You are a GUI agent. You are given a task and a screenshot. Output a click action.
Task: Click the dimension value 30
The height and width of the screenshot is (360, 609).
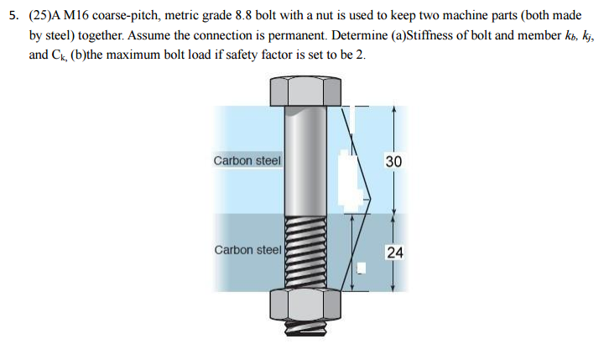(x=394, y=160)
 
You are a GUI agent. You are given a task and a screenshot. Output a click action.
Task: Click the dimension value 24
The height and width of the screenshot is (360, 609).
(x=394, y=251)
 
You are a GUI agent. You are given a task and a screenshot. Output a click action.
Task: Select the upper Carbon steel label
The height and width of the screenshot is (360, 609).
(x=247, y=160)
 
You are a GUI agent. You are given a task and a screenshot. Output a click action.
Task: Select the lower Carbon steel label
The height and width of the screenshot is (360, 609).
(x=247, y=250)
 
